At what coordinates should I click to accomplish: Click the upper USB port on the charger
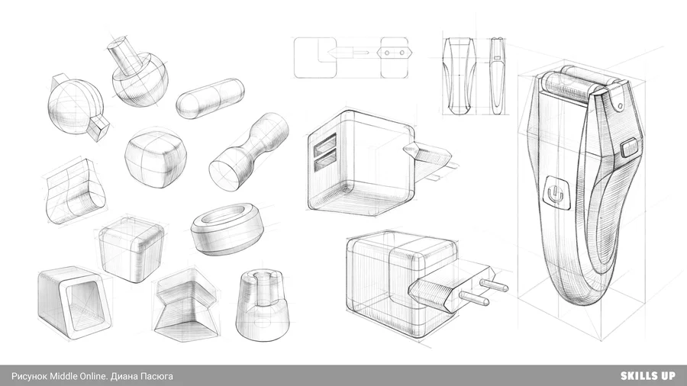[325, 143]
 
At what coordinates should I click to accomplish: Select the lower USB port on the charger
[325, 161]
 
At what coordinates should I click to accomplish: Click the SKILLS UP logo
[647, 375]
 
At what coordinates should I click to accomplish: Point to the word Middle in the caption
[63, 376]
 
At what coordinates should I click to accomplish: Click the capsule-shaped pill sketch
[211, 98]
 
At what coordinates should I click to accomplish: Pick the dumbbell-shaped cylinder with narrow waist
[248, 152]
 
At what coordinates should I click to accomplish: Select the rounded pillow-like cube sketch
[156, 158]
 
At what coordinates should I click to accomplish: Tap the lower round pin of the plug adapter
[474, 298]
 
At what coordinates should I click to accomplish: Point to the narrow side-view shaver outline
[497, 76]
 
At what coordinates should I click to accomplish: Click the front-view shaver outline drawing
[459, 76]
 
